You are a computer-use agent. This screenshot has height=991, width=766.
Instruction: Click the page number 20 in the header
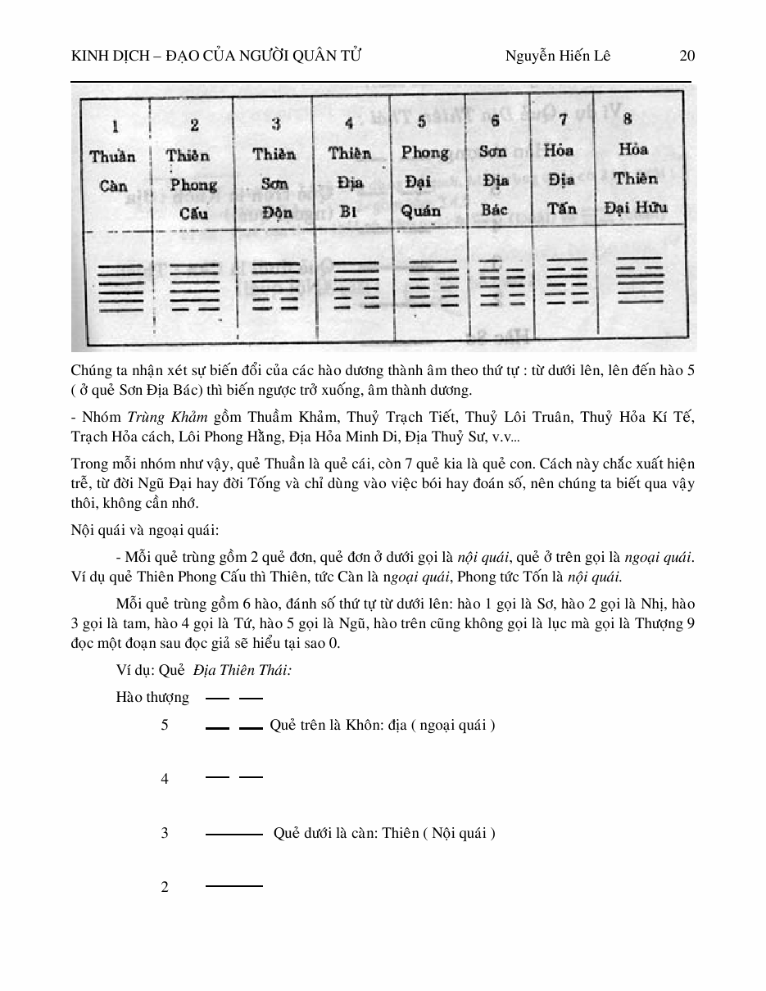tap(687, 56)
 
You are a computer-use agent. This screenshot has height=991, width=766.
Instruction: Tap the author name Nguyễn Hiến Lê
tap(558, 56)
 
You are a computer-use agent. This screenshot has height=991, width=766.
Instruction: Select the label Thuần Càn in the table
tap(114, 170)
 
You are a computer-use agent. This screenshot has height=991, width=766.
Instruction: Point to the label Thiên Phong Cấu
tap(193, 184)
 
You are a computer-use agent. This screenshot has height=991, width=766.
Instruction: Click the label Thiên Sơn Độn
tap(274, 183)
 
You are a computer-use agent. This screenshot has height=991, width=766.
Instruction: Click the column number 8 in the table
tap(628, 119)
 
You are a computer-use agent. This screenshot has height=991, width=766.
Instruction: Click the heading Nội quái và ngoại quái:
tap(145, 530)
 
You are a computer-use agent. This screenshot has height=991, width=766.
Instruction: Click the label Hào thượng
tap(152, 698)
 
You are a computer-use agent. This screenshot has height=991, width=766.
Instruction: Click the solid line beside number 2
tap(234, 886)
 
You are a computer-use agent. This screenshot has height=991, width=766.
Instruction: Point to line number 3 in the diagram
tap(165, 833)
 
